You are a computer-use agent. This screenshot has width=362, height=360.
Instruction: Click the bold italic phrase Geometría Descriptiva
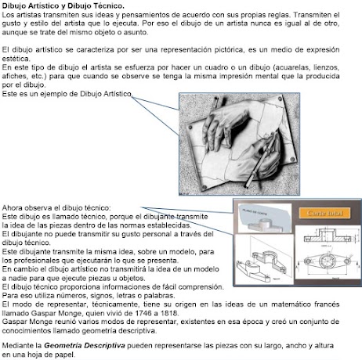coord(85,346)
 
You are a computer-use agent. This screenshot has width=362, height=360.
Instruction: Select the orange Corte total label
coord(324,213)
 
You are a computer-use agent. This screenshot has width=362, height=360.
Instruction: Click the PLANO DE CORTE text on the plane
coord(255,212)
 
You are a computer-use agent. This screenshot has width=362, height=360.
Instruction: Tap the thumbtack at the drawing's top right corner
coord(280,99)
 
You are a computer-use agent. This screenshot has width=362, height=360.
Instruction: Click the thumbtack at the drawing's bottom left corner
coord(205,187)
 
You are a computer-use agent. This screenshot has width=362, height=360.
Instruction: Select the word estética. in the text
coord(16,59)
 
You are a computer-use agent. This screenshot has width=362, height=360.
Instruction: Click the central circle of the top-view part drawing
coord(327,260)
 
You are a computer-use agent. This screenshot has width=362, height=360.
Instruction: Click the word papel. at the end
coord(65,355)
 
